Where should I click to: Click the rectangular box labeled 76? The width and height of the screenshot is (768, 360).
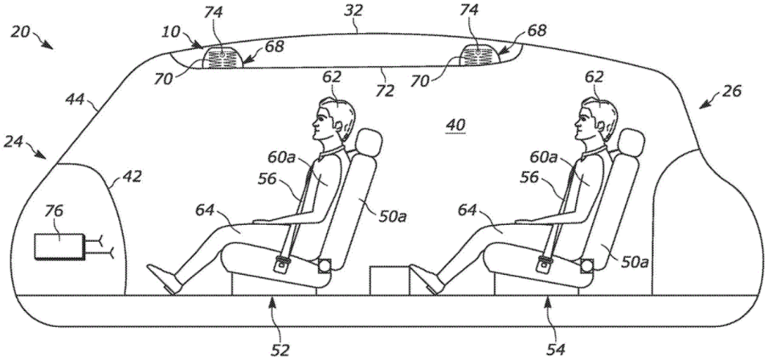coord(59,247)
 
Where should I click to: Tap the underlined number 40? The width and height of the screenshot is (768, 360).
coord(455,126)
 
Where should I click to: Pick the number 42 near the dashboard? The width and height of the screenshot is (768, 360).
coord(132,176)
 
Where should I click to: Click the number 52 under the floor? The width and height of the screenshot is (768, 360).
coord(280,350)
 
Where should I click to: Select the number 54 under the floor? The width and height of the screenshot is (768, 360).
coord(557,350)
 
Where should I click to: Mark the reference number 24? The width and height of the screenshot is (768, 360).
coord(14,142)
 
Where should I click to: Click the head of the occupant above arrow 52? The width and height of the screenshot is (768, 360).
coord(333,120)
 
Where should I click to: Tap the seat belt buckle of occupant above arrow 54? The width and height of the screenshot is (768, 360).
coord(544,264)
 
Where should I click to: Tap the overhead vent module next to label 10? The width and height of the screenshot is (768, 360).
coord(223,59)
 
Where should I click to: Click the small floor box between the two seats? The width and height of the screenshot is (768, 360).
coord(389,280)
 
